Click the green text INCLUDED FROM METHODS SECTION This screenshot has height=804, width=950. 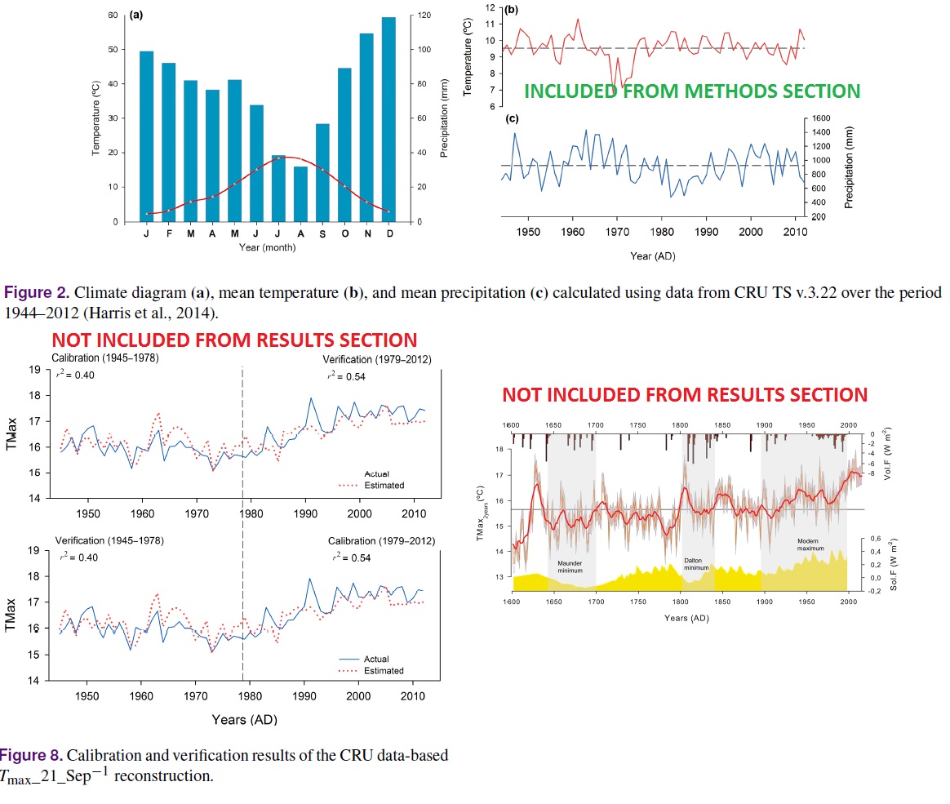691,91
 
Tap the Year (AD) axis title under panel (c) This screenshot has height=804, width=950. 652,255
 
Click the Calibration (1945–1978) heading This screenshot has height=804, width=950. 105,358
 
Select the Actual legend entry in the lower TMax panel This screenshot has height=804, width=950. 375,659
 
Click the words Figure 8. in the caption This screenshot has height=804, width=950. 28,755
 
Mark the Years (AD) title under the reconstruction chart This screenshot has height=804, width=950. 686,618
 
